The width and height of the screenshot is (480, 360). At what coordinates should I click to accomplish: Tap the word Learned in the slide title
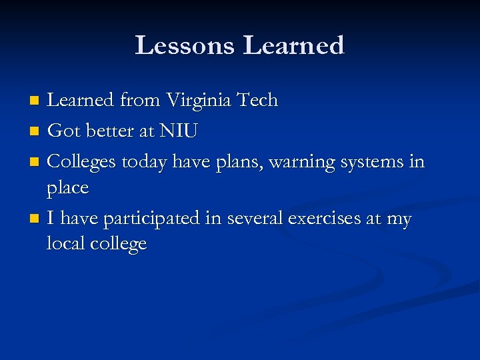click(x=293, y=45)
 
